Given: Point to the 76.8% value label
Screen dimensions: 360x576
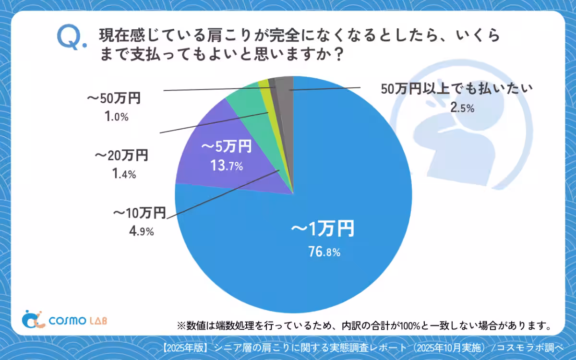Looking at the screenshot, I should pos(324,252).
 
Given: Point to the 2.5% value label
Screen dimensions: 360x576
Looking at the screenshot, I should pos(462,108).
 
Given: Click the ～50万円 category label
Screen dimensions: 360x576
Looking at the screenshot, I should pos(113,99).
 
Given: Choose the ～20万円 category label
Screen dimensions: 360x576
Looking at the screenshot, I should pos(121,156).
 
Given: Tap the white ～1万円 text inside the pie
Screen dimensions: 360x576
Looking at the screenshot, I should pos(323,229).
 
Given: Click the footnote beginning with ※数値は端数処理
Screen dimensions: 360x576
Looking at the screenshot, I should pos(363,326).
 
